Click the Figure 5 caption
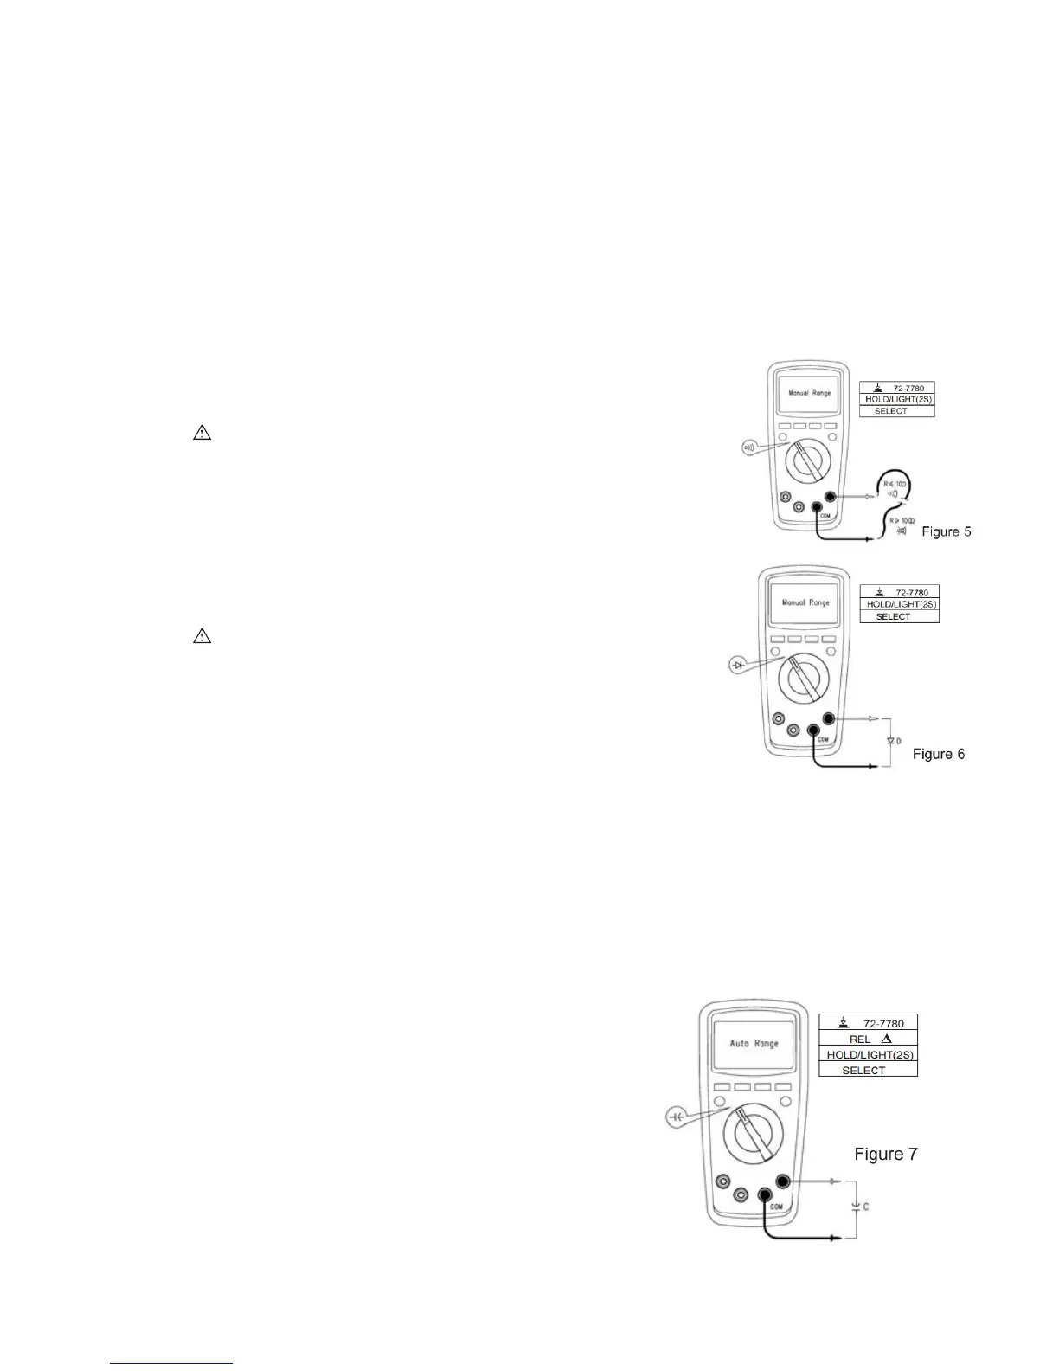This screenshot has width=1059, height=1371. (946, 531)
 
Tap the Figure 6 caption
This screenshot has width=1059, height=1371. (939, 754)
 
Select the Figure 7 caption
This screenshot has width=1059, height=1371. (885, 1154)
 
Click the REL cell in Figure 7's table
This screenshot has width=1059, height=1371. (869, 1039)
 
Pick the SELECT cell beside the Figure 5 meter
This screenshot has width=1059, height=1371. (890, 411)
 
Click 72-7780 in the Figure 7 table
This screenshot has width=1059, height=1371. (882, 1023)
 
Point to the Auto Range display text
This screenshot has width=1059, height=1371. (754, 1044)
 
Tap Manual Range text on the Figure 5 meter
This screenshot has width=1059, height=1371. (809, 393)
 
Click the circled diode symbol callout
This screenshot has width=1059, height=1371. (738, 665)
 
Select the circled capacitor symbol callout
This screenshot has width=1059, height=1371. (677, 1117)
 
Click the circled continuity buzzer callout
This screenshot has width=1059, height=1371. (749, 447)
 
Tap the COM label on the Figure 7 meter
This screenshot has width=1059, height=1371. (776, 1207)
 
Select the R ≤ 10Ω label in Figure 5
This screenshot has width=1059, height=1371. (895, 484)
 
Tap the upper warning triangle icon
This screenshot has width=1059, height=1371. (202, 433)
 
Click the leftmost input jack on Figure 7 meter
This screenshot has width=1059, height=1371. (722, 1182)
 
